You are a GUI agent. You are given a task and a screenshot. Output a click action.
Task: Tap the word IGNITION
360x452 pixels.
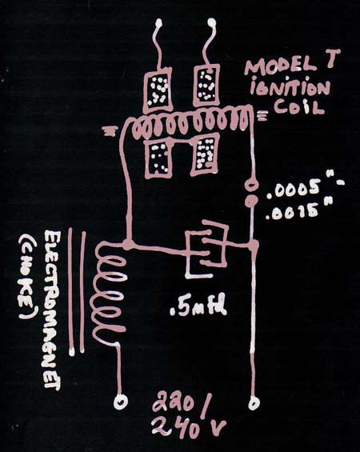tap(290, 87)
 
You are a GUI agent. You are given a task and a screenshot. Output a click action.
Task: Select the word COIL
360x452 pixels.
tap(299, 106)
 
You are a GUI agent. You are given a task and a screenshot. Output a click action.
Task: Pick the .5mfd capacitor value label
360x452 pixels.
tap(198, 307)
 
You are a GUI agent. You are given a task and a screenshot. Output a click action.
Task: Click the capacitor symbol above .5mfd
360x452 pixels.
tap(206, 249)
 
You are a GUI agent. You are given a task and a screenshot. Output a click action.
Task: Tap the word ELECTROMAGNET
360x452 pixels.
tap(53, 310)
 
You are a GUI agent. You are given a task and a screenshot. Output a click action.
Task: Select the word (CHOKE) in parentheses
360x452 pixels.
tap(27, 278)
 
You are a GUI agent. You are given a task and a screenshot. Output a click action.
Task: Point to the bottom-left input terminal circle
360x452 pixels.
tap(120, 402)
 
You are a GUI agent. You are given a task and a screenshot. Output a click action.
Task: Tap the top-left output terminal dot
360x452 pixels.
tap(158, 22)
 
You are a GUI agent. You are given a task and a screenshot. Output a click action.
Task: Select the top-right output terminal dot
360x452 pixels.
tap(211, 22)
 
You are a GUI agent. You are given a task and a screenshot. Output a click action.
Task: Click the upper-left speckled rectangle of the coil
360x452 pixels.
tap(158, 90)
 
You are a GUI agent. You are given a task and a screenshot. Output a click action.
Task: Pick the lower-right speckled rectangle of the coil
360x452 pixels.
tap(206, 154)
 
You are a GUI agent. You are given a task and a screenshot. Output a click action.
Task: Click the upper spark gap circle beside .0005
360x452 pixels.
tap(251, 185)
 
